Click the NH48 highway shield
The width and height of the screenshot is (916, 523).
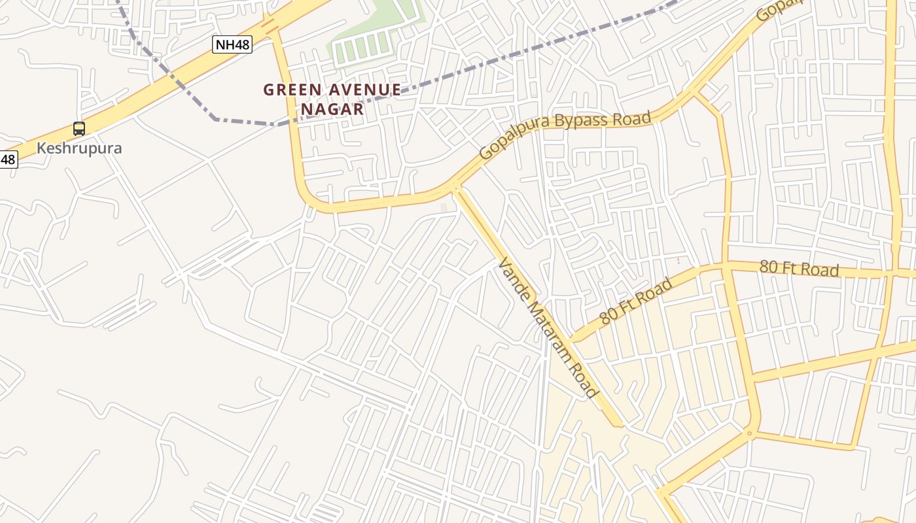coord(232,44)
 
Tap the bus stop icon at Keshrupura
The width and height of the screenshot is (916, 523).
coord(79,129)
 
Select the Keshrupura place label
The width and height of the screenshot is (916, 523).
coord(79,148)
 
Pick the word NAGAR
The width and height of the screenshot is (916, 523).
coord(332,109)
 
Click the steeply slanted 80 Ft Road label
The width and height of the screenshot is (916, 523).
coord(636,301)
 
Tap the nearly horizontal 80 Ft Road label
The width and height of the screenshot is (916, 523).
coord(799,268)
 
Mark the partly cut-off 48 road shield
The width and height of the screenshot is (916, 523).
coord(7,159)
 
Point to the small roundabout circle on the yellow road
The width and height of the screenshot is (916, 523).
coord(750,433)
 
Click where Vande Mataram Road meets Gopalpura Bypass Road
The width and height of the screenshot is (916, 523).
coord(455,188)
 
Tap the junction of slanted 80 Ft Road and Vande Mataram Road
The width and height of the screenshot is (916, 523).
coord(571,341)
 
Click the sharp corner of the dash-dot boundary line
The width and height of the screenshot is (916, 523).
coord(216,119)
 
